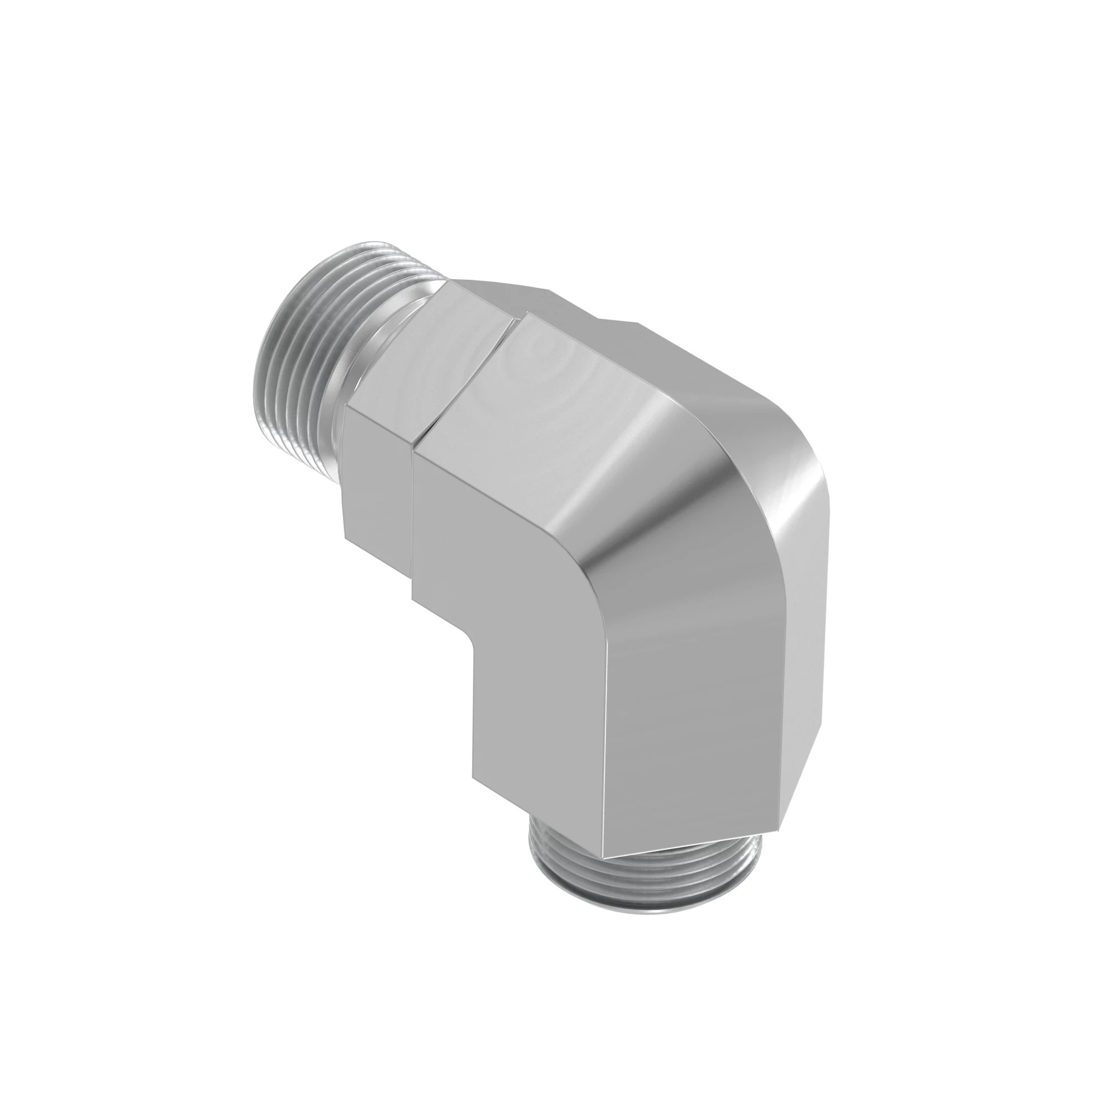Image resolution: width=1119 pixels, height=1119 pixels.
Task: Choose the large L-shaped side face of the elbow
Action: click(x=510, y=579)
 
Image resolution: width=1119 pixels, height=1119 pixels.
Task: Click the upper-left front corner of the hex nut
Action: click(x=346, y=408)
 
